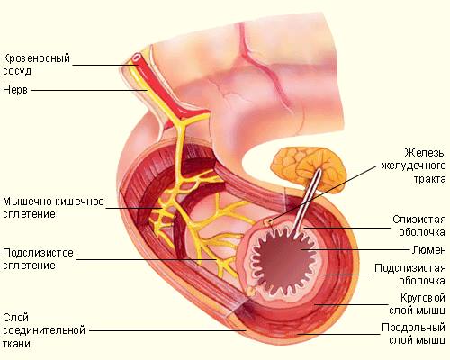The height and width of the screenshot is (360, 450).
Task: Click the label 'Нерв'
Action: click(15, 90)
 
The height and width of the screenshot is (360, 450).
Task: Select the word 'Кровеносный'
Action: click(36, 58)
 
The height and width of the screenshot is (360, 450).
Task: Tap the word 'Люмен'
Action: click(428, 250)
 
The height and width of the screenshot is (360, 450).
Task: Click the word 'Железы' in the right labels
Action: click(425, 153)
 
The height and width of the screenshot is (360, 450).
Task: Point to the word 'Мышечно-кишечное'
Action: click(53, 202)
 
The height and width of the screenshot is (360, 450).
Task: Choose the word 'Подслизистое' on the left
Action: click(38, 253)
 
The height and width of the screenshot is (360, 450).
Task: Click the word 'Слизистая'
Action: click(419, 220)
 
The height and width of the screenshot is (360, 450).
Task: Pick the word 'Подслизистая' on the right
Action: click(410, 268)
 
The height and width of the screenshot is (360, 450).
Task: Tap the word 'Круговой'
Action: click(423, 298)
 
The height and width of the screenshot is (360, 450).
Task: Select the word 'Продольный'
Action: click(414, 328)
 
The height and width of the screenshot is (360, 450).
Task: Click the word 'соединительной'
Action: click(44, 330)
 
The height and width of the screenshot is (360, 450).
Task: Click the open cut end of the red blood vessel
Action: click(137, 57)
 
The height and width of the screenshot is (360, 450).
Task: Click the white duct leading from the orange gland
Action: click(307, 203)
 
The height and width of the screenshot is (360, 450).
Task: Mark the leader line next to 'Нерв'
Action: click(89, 90)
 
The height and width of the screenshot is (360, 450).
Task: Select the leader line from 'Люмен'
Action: click(355, 249)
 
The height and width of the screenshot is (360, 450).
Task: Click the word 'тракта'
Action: click(430, 179)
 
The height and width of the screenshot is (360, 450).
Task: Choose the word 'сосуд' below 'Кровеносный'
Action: click(17, 71)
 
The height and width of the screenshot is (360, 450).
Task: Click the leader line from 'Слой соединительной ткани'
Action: click(167, 331)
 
